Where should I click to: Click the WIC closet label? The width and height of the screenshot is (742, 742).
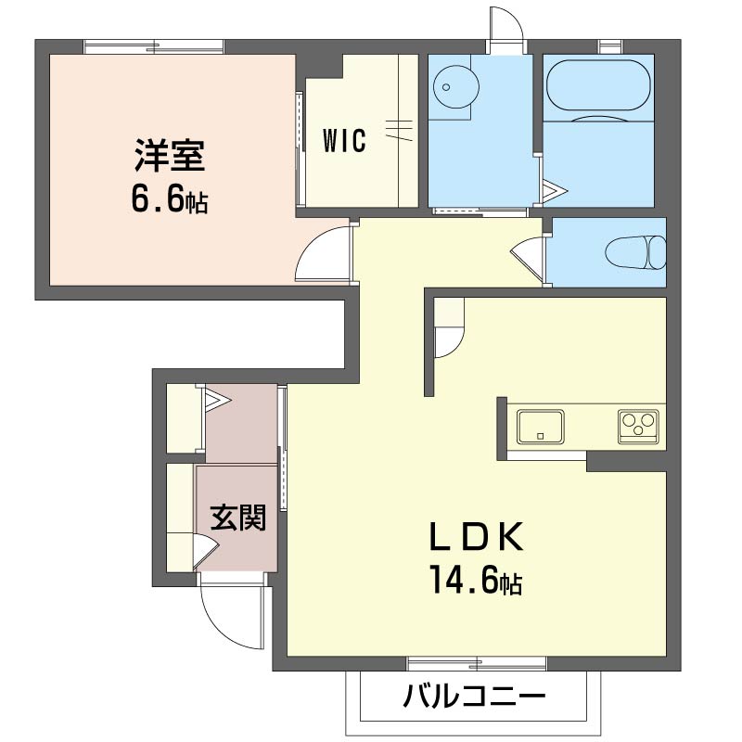pos(344,141)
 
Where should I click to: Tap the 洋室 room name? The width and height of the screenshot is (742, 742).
pos(169,155)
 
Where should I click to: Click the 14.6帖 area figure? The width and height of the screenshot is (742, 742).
pos(474,581)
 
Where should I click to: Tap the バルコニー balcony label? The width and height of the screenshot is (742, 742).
pos(474,696)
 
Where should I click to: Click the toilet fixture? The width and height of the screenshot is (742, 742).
pos(636,251)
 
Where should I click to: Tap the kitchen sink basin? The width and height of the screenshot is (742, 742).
pos(541,428)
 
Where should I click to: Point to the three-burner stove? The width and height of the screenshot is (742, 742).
pos(638,426)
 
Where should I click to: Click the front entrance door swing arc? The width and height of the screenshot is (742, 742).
pos(229,617)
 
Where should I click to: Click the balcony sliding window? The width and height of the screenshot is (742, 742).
pos(477,662)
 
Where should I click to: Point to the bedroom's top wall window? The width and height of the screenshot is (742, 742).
pos(153,45)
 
